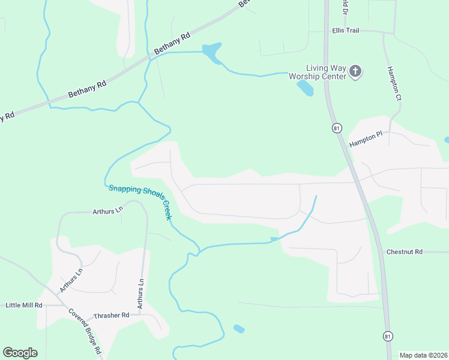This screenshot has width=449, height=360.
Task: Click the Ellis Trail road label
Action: (x=345, y=31)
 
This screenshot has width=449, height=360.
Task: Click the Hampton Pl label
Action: (x=366, y=137)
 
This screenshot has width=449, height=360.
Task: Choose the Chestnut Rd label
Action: (x=405, y=252)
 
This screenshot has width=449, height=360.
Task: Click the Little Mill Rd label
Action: (x=24, y=305)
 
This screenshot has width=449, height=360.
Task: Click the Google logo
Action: (x=20, y=353)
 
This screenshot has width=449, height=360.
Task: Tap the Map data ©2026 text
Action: (x=423, y=355)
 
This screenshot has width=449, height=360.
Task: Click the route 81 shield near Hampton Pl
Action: (x=337, y=128)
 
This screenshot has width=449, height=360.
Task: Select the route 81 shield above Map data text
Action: (x=388, y=336)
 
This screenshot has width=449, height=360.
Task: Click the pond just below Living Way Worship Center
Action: (x=304, y=88)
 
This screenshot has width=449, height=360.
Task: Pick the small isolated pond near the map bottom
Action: (x=239, y=329)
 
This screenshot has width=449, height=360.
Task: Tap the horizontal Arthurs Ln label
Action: (x=107, y=212)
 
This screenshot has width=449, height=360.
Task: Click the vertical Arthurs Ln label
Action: (x=140, y=295)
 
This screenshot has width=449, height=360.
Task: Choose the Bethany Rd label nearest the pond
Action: (x=172, y=44)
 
